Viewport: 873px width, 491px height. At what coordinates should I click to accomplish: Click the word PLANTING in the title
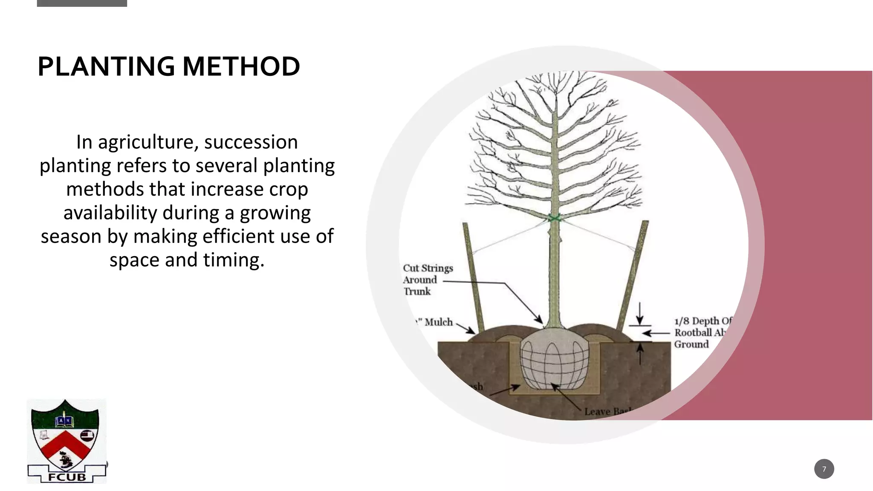[x=106, y=66]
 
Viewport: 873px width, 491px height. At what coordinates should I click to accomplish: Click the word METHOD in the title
[x=241, y=66]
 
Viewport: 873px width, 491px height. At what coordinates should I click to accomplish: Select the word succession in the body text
[x=251, y=142]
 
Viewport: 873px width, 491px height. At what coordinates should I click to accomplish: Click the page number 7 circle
[x=824, y=469]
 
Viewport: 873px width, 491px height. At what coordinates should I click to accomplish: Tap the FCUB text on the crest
[x=67, y=477]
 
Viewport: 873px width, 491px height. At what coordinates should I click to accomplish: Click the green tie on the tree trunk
[x=554, y=219]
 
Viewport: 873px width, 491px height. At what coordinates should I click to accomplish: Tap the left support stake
[x=473, y=277]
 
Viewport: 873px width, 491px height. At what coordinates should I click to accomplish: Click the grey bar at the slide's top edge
[x=82, y=3]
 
